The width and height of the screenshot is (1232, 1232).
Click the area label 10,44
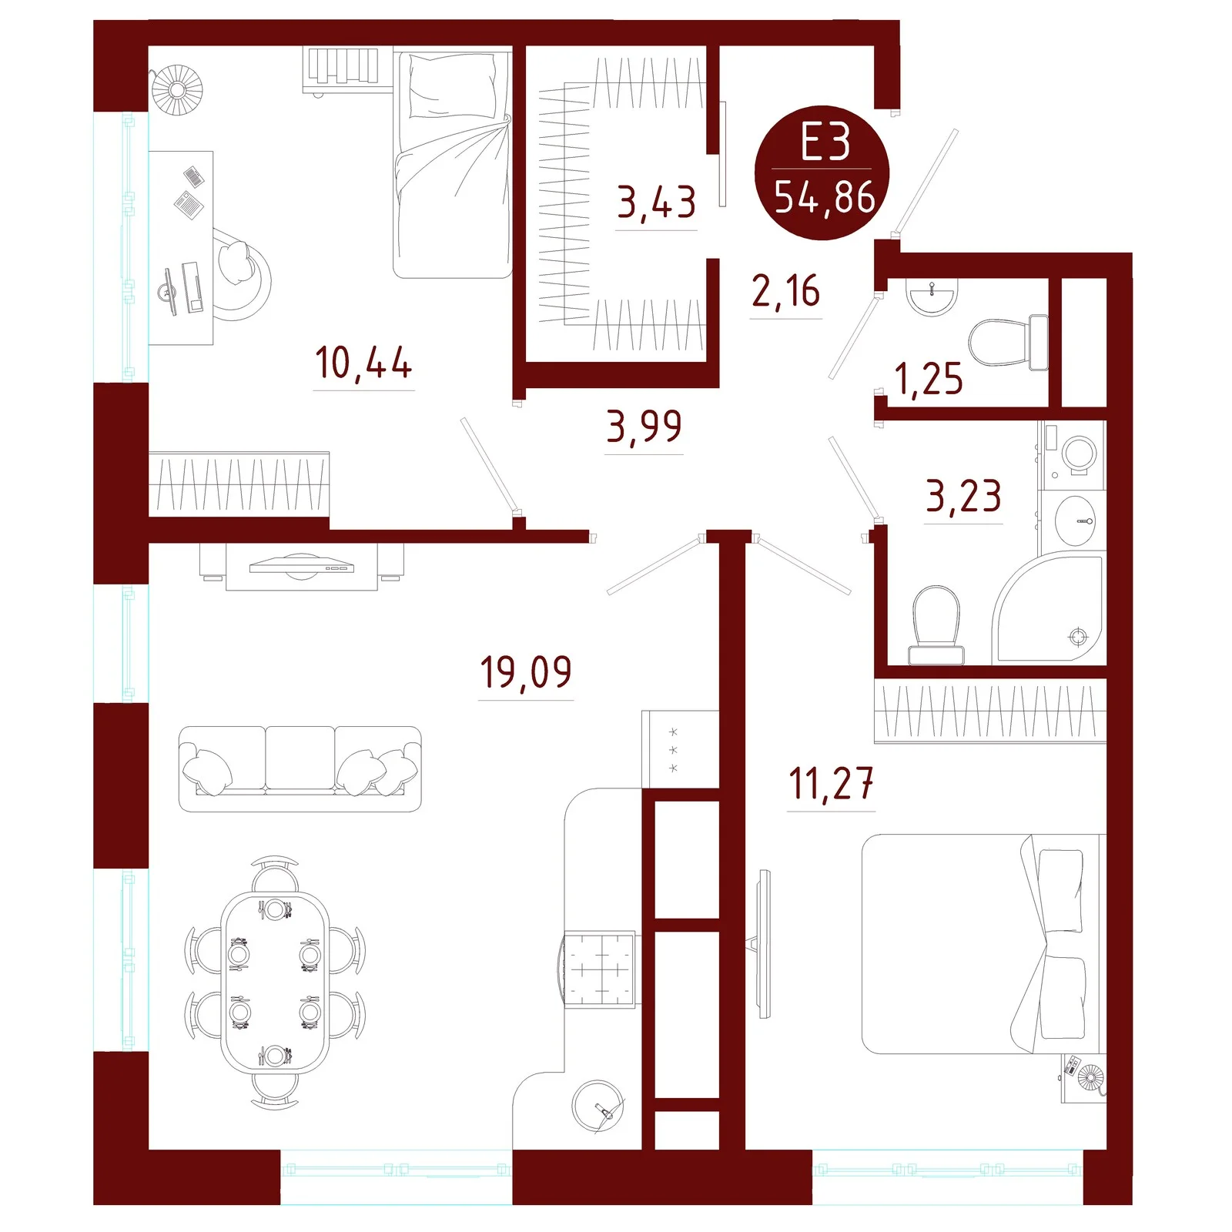(x=363, y=363)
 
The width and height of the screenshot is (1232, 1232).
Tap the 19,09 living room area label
(x=526, y=672)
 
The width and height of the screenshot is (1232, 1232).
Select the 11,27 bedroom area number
(x=832, y=784)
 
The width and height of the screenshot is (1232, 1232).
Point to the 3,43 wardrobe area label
(x=657, y=203)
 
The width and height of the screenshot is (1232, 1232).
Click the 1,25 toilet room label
(x=929, y=379)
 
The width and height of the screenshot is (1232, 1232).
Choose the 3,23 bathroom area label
(x=963, y=496)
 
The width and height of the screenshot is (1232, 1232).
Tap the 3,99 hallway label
(x=644, y=427)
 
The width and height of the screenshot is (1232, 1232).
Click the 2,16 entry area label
(x=786, y=291)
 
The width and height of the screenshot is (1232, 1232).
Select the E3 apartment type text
(x=825, y=142)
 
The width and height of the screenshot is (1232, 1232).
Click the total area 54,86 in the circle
(x=825, y=197)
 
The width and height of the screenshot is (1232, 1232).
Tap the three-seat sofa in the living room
(x=300, y=768)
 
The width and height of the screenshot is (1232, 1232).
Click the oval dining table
(x=275, y=982)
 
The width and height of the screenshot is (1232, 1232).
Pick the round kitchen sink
(x=598, y=1106)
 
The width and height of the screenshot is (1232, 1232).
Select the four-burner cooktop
(x=601, y=969)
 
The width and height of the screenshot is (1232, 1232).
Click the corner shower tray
(x=1049, y=608)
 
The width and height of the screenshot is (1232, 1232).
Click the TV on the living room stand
(x=302, y=567)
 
